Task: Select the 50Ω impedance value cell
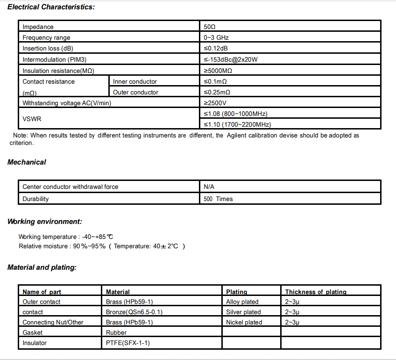pos(210,27)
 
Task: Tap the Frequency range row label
pos(46,38)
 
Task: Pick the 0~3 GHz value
pos(216,38)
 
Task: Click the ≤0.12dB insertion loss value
pos(216,49)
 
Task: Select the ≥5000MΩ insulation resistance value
pos(218,71)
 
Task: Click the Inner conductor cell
pos(135,82)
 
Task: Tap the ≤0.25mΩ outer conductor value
pos(217,93)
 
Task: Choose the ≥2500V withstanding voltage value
pos(215,103)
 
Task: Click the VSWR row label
pos(32,119)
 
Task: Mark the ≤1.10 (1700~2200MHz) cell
pos(237,124)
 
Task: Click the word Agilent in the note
pos(239,136)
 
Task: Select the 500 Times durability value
pos(218,199)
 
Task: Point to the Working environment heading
pos(45,222)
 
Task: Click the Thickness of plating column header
pos(316,292)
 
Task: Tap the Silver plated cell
pos(243,312)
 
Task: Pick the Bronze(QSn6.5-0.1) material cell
pos(134,312)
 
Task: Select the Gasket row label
pos(32,332)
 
